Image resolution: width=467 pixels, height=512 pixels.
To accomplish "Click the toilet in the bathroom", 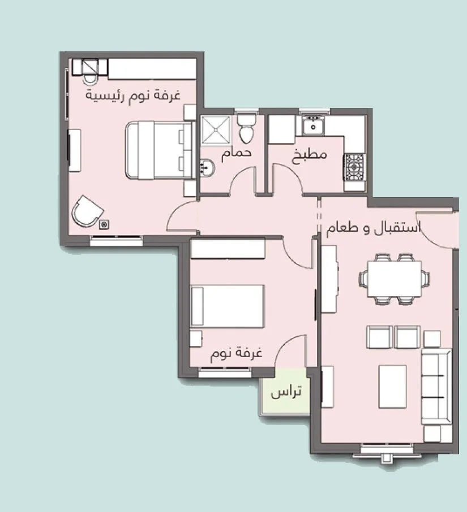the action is coord(246,128).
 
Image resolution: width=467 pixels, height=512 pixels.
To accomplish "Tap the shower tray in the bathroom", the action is coord(216,130).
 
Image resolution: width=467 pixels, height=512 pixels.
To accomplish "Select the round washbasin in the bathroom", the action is coord(207,167).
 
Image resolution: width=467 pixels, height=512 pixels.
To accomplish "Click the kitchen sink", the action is coord(313,124).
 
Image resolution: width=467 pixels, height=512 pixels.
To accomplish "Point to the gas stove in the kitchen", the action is coord(354,167).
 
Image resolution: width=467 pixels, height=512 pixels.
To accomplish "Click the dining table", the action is coord(394,279).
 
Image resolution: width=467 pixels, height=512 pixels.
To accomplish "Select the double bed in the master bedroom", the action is coord(160,150).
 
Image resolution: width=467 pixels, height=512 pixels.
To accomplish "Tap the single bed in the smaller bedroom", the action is coord(228,306).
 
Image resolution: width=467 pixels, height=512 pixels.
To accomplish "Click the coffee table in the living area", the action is coord(392,387).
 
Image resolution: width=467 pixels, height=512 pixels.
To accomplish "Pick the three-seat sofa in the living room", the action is coord(436,387).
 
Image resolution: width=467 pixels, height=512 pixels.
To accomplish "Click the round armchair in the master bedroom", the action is coord(87,211).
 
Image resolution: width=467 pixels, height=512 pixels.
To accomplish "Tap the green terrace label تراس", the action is coord(285,392).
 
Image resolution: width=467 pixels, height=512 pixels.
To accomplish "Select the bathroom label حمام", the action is coord(236,154).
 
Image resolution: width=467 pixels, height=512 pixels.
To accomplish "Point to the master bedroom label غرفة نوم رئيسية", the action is coord(133,96).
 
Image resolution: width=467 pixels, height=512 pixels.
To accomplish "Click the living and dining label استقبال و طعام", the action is coord(374,228).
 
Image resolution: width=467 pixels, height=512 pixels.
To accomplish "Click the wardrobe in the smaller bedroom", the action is coord(228,249).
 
